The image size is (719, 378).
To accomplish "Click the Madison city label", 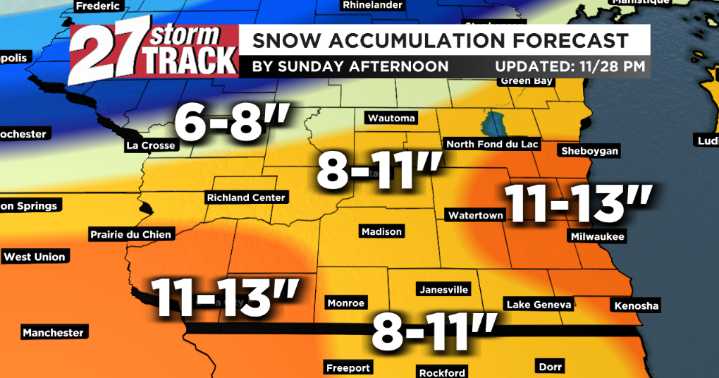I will click(381, 232).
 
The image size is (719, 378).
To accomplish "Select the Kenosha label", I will click(636, 304).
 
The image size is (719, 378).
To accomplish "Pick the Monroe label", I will click(346, 301).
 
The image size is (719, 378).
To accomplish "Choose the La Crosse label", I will click(151, 146).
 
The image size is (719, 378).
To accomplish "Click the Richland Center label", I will click(247, 198).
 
